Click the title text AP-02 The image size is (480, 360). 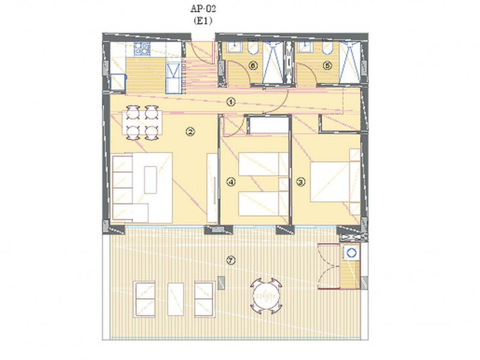tap(203, 9)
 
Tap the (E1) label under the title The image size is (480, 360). tap(203, 21)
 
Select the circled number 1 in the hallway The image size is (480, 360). tap(231, 102)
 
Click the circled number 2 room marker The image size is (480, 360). tap(190, 132)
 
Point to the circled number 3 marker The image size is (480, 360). tap(301, 182)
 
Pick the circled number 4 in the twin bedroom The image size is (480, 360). tap(231, 182)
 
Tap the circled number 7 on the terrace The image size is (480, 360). tap(231, 260)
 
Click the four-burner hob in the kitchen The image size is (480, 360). tap(142, 49)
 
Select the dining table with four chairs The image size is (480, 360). tap(142, 123)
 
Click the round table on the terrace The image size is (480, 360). tap(266, 296)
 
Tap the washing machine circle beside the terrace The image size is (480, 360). tap(351, 252)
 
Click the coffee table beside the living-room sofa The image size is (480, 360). tap(150, 180)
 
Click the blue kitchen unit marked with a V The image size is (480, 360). tap(173, 78)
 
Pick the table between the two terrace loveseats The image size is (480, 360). tap(175, 299)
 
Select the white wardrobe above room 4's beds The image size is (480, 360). tap(268, 125)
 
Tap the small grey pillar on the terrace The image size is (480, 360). tap(221, 283)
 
